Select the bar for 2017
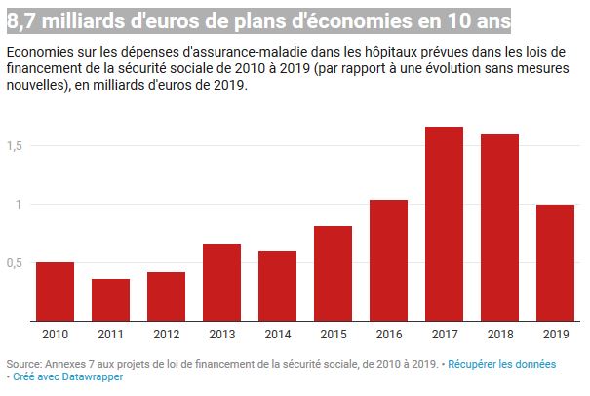pyautogui.click(x=444, y=223)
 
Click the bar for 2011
pyautogui.click(x=110, y=299)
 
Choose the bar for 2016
pyautogui.click(x=388, y=259)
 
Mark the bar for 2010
pyautogui.click(x=55, y=292)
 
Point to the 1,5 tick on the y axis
pyautogui.click(x=14, y=145)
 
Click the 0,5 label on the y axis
pyautogui.click(x=14, y=262)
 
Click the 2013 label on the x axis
pyautogui.click(x=221, y=335)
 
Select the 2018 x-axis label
pyautogui.click(x=499, y=335)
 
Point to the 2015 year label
pyautogui.click(x=333, y=335)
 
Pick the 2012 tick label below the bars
pyautogui.click(x=166, y=335)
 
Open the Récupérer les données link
pyautogui.click(x=502, y=364)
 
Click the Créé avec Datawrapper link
pyautogui.click(x=68, y=376)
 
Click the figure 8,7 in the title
pyautogui.click(x=20, y=20)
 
